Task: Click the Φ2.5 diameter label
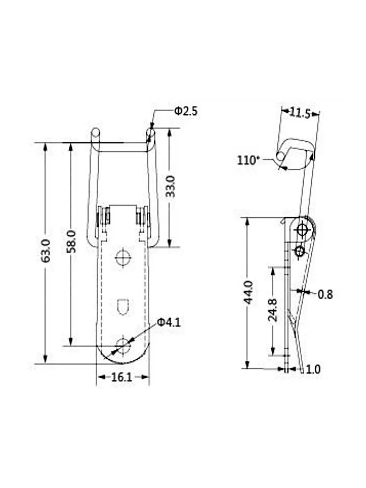click(186, 111)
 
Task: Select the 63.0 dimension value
click(46, 251)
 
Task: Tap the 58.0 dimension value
click(71, 242)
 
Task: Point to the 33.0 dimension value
click(170, 186)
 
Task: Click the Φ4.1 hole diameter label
click(169, 322)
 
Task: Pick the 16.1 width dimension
click(122, 377)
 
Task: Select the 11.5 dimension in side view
click(300, 113)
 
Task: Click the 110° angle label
click(248, 160)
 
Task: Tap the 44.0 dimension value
click(248, 292)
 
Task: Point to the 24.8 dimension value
click(273, 310)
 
